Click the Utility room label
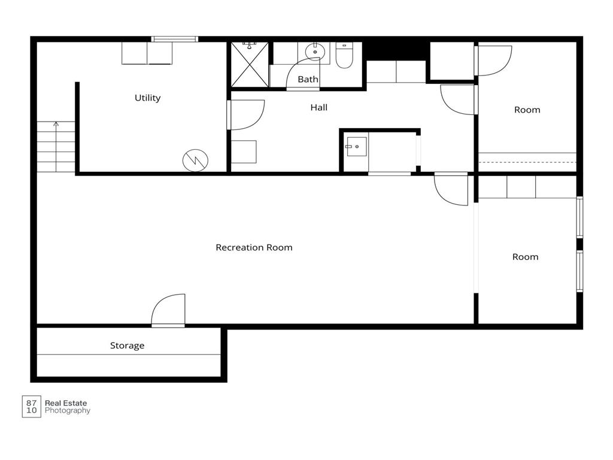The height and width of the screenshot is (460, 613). [147, 98]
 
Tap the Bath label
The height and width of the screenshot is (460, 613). [308, 80]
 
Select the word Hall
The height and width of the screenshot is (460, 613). [318, 108]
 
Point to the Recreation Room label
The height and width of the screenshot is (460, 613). [254, 247]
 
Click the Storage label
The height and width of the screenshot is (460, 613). [127, 346]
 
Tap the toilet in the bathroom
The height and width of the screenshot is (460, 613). [344, 55]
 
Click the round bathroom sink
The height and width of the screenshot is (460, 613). [315, 52]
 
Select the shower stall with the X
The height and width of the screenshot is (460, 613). [250, 65]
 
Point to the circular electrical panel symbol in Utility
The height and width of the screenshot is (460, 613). [196, 160]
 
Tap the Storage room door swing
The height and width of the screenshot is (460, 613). [168, 310]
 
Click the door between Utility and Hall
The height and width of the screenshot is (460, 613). [245, 115]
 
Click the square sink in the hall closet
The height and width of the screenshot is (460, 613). [357, 147]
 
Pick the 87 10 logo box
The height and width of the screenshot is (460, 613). [31, 407]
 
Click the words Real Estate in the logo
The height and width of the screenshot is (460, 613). [66, 403]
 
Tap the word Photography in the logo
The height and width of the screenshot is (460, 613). [68, 411]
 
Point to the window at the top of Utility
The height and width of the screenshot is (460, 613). [174, 39]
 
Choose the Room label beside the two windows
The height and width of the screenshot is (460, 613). [525, 257]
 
